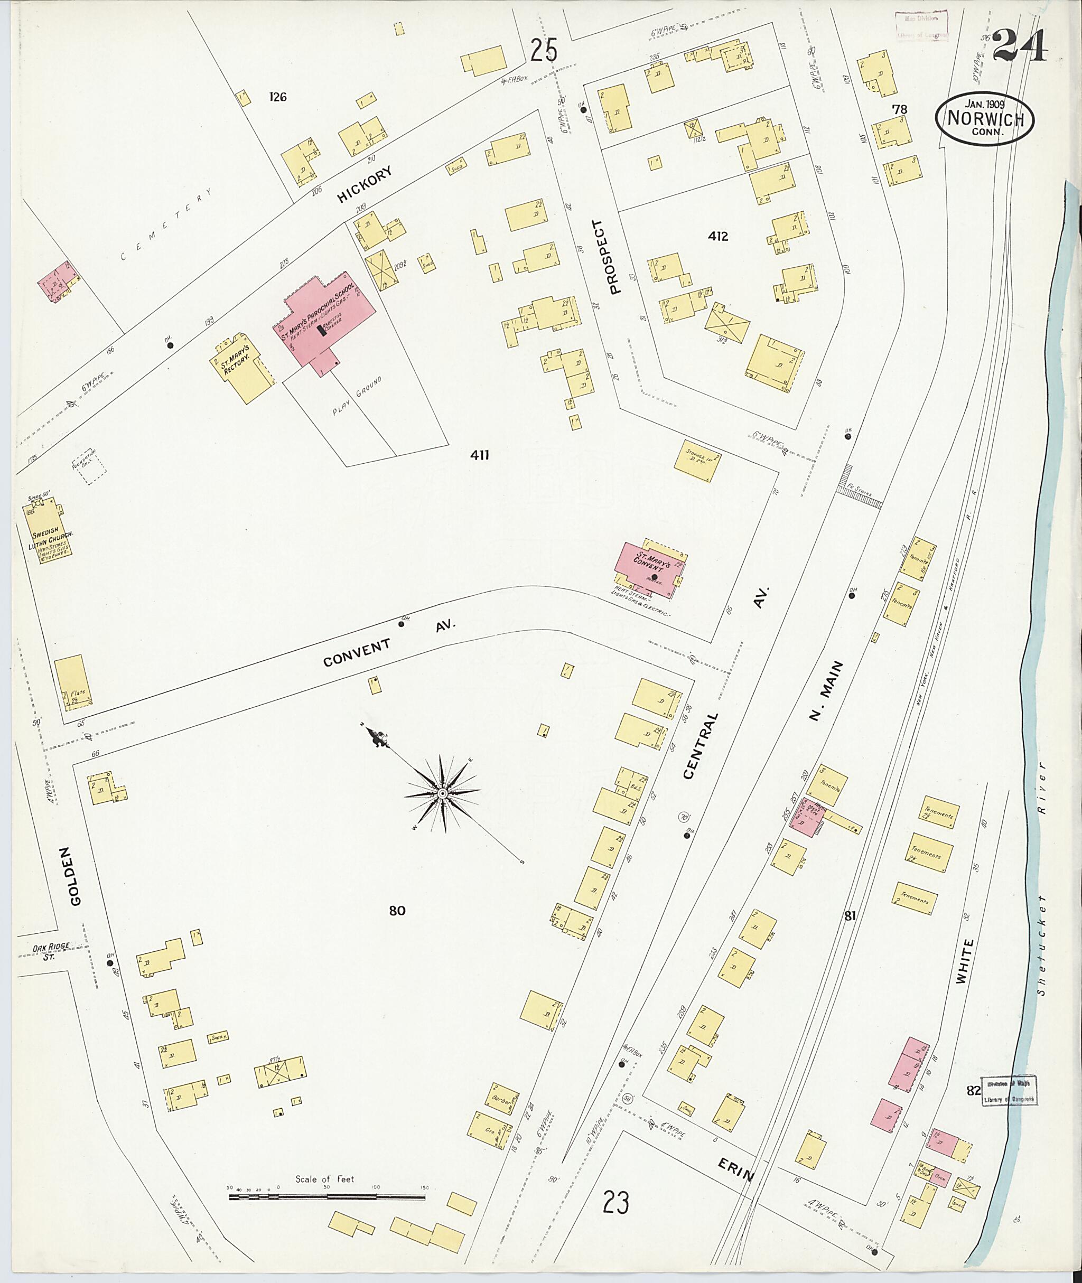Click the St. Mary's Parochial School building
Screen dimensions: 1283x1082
[324, 319]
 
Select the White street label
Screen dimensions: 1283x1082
[960, 962]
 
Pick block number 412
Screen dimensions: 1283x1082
[717, 236]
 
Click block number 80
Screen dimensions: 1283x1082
[397, 911]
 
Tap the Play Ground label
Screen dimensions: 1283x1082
[357, 396]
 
